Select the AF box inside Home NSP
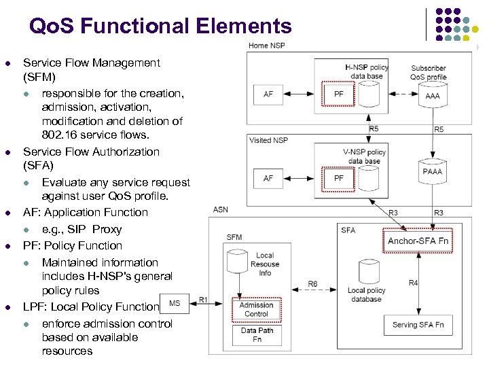pos(268,94)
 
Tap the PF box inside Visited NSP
pos(338,178)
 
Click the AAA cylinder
pos(432,95)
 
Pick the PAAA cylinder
pos(432,171)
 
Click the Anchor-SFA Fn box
pos(418,241)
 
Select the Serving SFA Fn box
pos(418,325)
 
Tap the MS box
pos(175,303)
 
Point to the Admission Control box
pos(256,309)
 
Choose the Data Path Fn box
pos(256,335)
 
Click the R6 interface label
pos(312,284)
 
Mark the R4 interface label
pos(413,283)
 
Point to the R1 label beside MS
pos(203,298)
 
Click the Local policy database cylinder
pos(366,279)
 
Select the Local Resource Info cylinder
pos(264,262)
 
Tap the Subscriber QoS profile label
pos(429,72)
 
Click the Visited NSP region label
pos(268,140)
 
